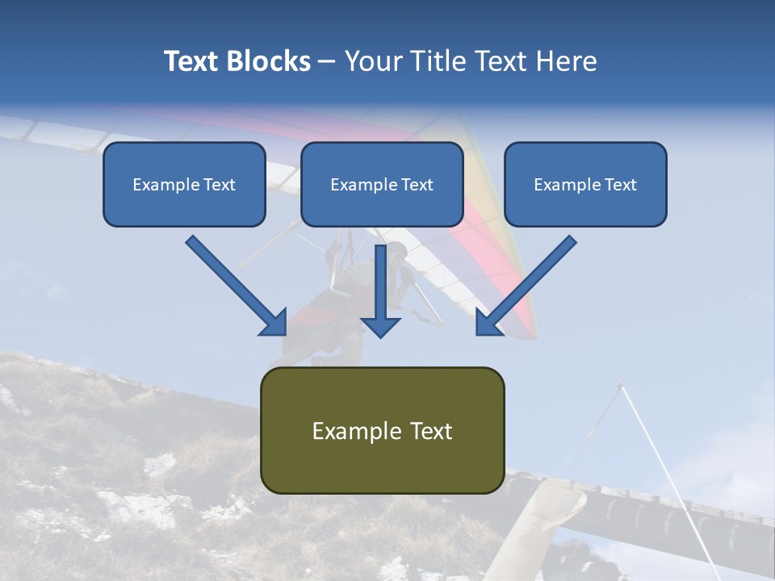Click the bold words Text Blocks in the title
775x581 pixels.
237,61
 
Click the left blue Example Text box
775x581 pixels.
184,184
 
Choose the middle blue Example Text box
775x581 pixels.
382,184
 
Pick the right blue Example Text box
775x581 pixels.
585,184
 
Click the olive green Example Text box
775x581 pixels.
382,430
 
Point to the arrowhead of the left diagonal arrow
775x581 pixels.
274,323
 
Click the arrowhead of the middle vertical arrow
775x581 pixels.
380,326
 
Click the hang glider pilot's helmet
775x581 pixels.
397,251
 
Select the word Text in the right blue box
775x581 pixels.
620,184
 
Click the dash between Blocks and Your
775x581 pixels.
327,61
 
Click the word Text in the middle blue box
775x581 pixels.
417,184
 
